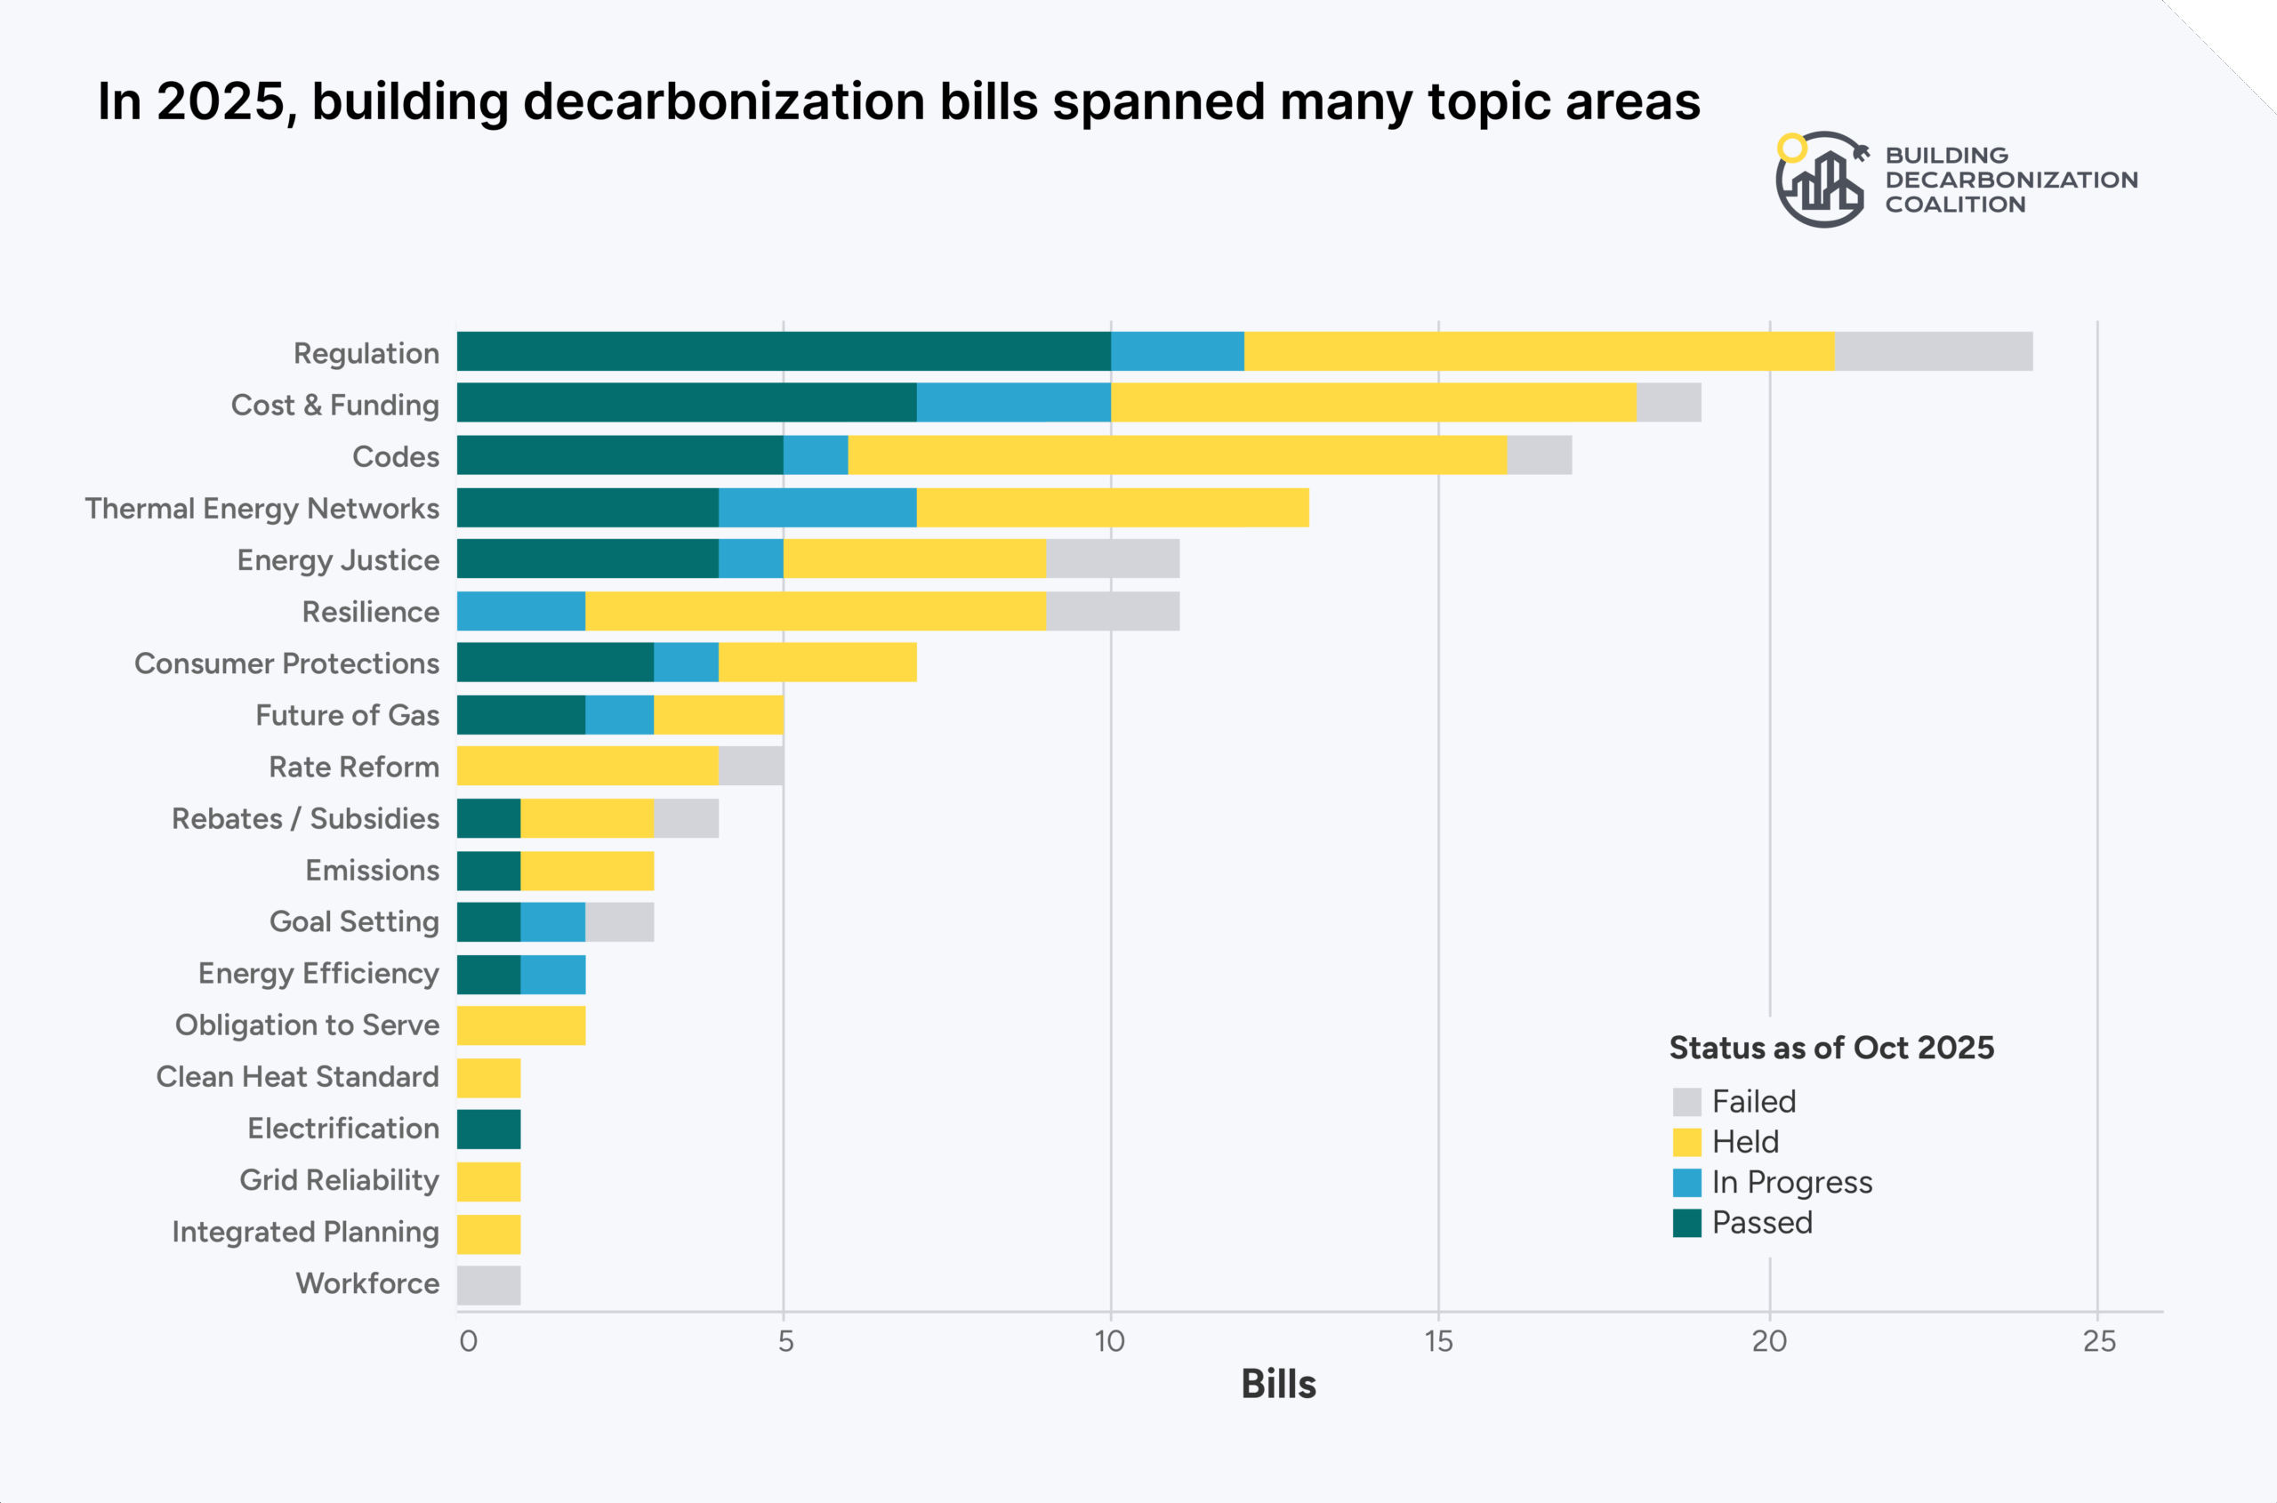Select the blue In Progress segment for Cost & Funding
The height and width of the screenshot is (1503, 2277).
(x=1013, y=403)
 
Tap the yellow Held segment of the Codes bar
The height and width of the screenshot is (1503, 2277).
(x=1178, y=455)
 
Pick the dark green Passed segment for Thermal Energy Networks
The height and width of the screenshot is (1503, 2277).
(x=588, y=507)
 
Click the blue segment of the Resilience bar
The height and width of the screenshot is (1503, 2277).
(x=520, y=612)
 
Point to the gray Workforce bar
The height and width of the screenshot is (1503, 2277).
(x=489, y=1285)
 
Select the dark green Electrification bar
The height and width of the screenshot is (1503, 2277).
(x=489, y=1129)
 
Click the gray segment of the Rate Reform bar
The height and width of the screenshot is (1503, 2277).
(x=751, y=767)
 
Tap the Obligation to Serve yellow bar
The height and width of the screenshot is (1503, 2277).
(x=520, y=1025)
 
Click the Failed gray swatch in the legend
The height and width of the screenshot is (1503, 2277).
(x=1686, y=1101)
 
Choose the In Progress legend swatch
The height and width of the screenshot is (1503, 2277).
(x=1686, y=1182)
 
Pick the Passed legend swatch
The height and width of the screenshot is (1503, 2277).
(x=1686, y=1223)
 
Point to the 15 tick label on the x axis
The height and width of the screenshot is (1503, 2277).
(x=1438, y=1341)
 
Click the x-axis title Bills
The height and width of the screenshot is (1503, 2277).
(x=1278, y=1384)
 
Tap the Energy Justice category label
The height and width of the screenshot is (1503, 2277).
(x=337, y=559)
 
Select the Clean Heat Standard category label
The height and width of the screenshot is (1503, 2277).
(x=297, y=1076)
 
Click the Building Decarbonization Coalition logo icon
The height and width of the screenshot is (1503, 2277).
(x=1821, y=181)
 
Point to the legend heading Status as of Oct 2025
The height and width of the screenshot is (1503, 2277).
(x=1831, y=1048)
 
